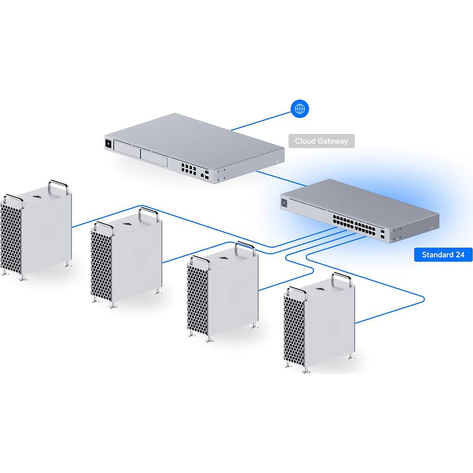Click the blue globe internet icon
[299, 109]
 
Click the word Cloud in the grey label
[305, 141]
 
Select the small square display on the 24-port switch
[284, 203]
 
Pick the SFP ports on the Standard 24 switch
[382, 233]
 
